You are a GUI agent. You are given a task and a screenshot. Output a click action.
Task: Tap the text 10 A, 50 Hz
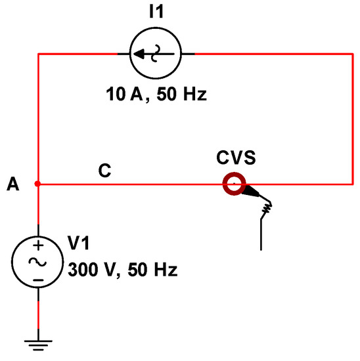tap(156, 95)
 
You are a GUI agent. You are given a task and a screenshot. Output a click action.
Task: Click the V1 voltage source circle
tap(37, 262)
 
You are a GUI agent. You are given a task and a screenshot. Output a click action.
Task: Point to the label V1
tap(78, 244)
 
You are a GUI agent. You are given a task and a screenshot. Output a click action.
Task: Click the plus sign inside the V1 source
tap(37, 246)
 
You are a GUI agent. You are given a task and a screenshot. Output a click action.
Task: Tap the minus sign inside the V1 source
tap(37, 279)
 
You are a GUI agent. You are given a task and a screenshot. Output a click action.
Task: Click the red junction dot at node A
tap(37, 184)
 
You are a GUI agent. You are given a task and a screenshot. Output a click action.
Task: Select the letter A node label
tap(12, 186)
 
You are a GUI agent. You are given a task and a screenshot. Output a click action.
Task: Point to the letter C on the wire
tap(104, 171)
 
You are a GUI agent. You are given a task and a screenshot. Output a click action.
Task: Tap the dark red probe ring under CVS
tap(233, 184)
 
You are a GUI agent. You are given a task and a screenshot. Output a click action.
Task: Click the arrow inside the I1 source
tap(148, 54)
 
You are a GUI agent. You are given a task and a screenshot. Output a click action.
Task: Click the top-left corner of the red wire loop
tap(38, 54)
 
